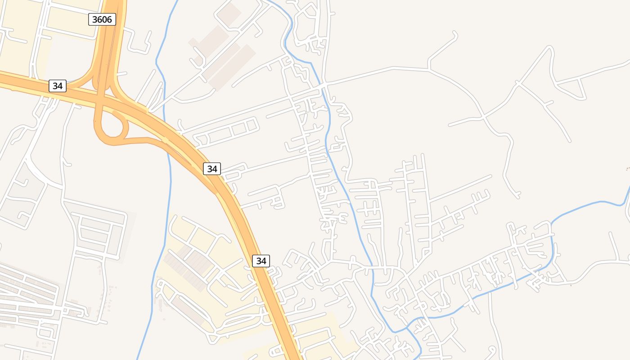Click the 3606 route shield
point(102,19)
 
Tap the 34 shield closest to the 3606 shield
point(57,85)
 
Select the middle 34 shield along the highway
point(212,169)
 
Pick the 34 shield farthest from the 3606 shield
point(261,261)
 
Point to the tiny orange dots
point(628,168)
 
